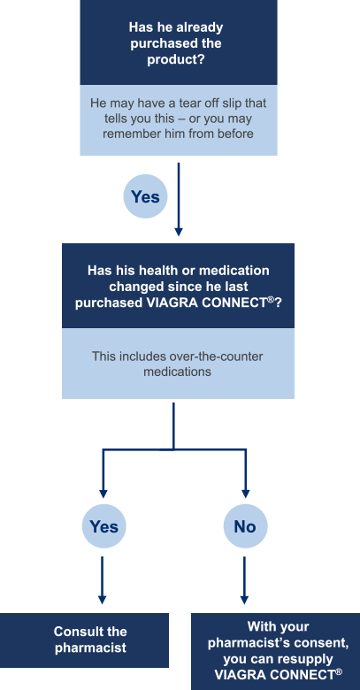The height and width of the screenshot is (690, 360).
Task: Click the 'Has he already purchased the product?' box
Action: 179,42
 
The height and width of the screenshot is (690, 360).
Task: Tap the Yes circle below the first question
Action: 145,196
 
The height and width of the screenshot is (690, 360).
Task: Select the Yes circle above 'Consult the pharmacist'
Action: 103,526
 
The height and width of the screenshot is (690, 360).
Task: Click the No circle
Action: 245,526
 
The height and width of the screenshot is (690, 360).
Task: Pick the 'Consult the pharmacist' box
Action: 84,640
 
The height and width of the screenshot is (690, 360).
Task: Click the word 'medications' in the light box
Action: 178,372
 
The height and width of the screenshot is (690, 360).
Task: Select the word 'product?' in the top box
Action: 176,59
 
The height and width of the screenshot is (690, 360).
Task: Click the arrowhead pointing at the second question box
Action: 179,232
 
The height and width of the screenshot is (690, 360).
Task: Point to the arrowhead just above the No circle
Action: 246,494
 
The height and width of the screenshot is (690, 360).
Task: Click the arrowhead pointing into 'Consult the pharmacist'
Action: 102,600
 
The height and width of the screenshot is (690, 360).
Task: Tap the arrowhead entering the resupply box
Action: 244,600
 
